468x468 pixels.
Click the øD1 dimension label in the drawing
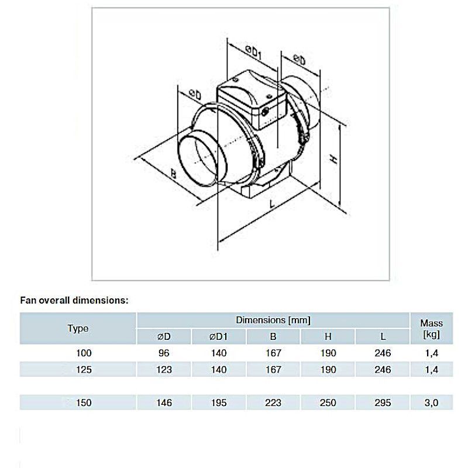254,52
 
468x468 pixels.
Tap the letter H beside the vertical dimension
334,159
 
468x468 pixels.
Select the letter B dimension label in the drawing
173,173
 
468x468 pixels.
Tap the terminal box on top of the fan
252,98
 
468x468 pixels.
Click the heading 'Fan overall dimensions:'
74,300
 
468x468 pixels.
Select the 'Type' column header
78,328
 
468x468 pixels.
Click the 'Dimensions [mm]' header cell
273,320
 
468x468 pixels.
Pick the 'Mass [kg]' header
431,328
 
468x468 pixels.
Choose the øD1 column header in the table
218,337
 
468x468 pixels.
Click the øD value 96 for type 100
164,353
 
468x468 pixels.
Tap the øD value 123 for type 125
164,370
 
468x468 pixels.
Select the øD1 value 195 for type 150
219,402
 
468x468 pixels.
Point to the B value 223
273,402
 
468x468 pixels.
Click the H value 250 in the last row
328,402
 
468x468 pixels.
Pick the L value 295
383,402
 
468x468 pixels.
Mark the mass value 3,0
431,402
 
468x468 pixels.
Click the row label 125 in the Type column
84,370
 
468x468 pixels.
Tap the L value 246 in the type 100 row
383,353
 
